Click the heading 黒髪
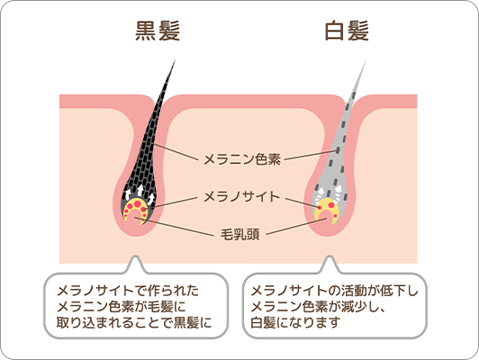(x=158, y=31)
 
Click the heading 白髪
(x=347, y=31)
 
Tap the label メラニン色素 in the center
(x=242, y=159)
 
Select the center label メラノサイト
(x=242, y=196)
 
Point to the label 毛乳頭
(x=240, y=235)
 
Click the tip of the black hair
(x=175, y=59)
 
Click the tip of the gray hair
(x=366, y=60)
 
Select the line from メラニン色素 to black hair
(x=173, y=151)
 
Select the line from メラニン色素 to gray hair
(x=311, y=155)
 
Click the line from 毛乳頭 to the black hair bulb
(x=174, y=227)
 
